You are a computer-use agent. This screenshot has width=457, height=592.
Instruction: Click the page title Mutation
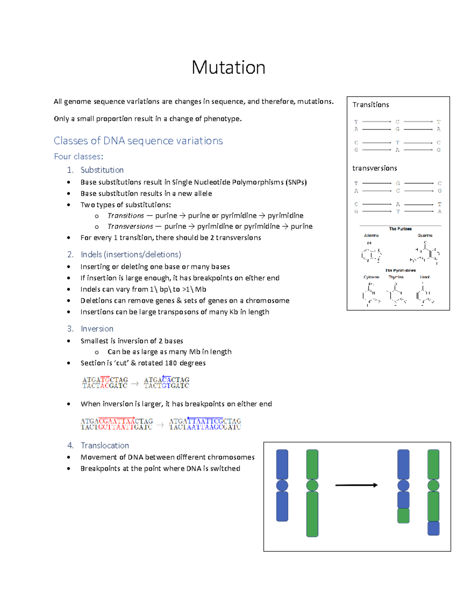[228, 67]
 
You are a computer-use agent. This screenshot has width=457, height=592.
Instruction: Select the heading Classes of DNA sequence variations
[138, 141]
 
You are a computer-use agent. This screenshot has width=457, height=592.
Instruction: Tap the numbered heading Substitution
[102, 170]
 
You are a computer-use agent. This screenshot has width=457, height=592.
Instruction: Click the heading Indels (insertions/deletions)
[131, 254]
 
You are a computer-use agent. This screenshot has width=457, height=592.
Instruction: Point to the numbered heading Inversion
[97, 329]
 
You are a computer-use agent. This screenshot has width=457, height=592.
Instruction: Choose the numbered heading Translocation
[105, 445]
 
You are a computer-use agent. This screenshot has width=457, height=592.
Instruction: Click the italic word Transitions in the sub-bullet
[126, 216]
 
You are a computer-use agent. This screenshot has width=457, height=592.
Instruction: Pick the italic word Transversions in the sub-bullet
[130, 226]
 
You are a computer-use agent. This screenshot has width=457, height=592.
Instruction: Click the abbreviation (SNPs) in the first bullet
[296, 182]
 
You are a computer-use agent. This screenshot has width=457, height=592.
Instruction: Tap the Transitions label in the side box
[371, 105]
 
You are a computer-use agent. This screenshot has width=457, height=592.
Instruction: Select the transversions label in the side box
[374, 168]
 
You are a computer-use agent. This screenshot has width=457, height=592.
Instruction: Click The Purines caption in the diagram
[400, 229]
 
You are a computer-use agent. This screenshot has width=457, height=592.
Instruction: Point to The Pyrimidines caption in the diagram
[400, 270]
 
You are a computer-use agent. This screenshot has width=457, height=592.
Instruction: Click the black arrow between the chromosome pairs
[356, 485]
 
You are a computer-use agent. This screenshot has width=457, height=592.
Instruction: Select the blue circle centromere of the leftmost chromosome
[282, 485]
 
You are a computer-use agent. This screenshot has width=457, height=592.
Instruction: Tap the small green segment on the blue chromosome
[403, 515]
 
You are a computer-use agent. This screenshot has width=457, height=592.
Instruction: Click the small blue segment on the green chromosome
[433, 528]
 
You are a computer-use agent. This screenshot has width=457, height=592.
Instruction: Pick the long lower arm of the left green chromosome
[312, 514]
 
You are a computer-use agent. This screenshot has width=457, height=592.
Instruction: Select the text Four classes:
[78, 157]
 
